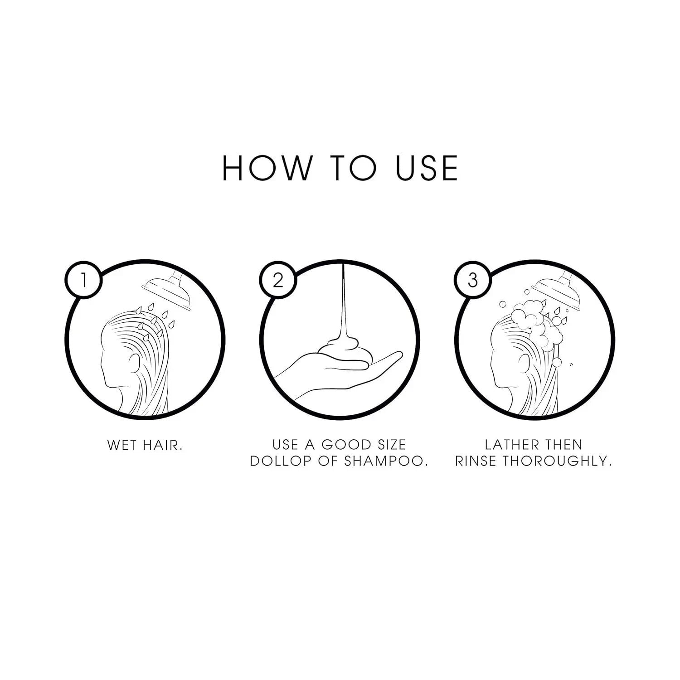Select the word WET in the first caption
[x=121, y=445]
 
